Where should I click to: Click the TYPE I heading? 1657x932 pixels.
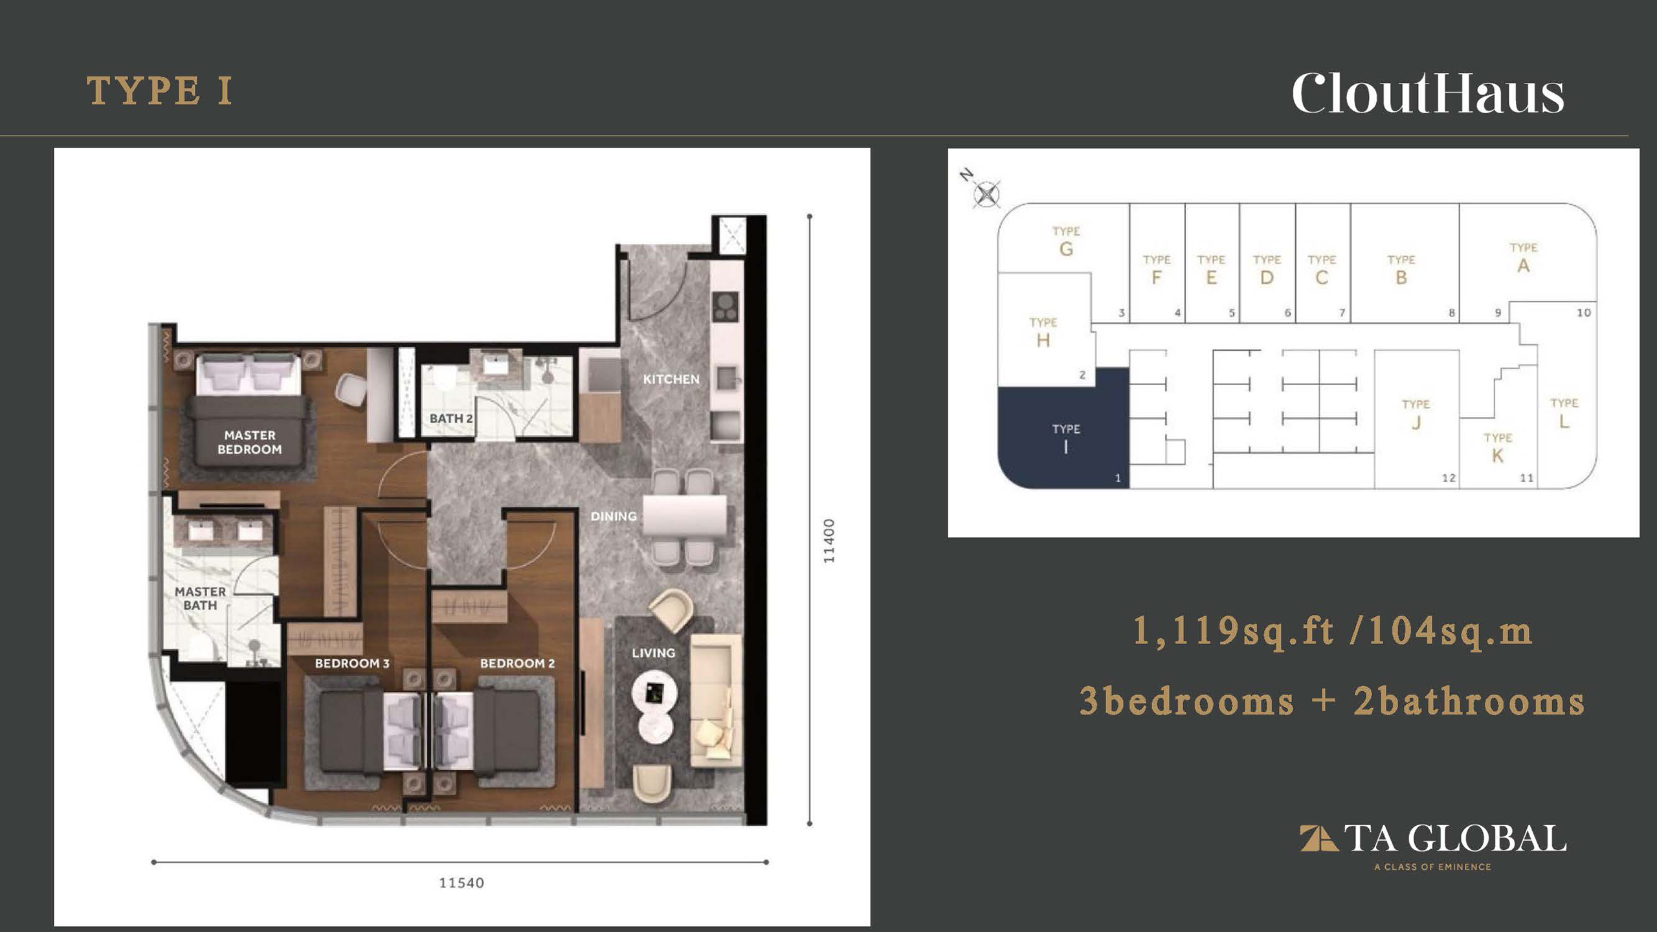[x=159, y=91]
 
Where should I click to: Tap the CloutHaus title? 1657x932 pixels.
[x=1427, y=93]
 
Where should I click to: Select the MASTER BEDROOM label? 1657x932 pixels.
[x=250, y=442]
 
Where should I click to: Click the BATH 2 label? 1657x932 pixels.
[x=451, y=419]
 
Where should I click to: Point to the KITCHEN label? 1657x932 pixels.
[x=671, y=379]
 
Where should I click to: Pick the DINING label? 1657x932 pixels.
[x=614, y=516]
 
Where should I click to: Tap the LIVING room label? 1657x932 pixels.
[x=653, y=653]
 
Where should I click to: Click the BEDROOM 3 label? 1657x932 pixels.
[x=352, y=663]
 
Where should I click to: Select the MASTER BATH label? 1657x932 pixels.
[x=200, y=599]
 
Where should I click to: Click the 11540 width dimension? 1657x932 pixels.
[x=462, y=883]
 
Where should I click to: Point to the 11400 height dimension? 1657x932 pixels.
[x=829, y=540]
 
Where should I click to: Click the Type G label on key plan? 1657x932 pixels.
[x=1066, y=241]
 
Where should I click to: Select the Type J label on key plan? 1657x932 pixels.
[x=1416, y=414]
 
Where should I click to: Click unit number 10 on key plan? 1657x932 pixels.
[x=1583, y=313]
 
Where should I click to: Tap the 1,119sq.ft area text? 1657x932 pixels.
[x=1234, y=631]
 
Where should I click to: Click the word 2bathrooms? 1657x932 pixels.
[x=1469, y=702]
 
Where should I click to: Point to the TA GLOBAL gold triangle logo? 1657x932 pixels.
[x=1318, y=838]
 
